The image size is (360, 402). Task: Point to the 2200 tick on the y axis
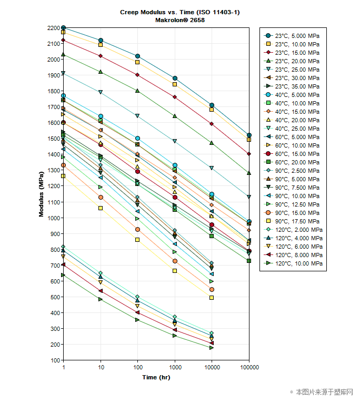[x=54, y=28]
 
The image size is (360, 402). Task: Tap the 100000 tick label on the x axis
[x=248, y=367]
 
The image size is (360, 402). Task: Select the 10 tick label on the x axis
[x=101, y=367]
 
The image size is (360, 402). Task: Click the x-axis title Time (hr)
[x=156, y=377]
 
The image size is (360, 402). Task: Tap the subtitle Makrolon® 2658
[x=180, y=20]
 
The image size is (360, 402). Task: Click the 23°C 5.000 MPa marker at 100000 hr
[x=249, y=135]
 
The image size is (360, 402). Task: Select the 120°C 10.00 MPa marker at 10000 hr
[x=212, y=348]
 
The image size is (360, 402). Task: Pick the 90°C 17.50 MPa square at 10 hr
[x=101, y=208]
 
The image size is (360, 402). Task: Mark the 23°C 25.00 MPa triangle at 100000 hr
[x=249, y=197]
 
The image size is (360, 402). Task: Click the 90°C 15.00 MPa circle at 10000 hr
[x=212, y=289]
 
